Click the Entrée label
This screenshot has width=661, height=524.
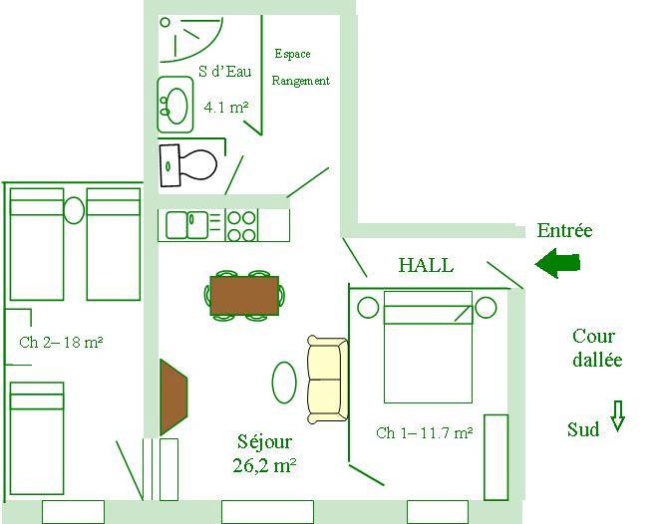click(564, 230)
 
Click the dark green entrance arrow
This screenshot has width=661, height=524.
click(557, 263)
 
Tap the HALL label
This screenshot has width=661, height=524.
click(426, 265)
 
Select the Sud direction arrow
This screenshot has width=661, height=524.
click(617, 415)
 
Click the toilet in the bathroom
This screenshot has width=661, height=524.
click(188, 164)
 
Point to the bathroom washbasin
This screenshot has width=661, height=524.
click(175, 105)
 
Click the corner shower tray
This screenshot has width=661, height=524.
click(190, 39)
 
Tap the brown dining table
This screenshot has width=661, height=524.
click(244, 296)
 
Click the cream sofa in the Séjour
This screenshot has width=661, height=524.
click(328, 380)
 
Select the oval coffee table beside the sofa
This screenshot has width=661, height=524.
click(284, 383)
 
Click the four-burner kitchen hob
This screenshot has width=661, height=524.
click(242, 226)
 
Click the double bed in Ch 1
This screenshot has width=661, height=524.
click(428, 347)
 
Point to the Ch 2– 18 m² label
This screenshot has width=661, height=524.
click(61, 342)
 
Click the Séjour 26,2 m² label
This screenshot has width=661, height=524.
click(264, 453)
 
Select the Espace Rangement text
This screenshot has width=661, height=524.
click(300, 68)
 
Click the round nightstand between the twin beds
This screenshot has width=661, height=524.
click(74, 210)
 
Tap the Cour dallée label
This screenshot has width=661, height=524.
click(597, 348)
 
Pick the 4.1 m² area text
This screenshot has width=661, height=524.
click(226, 107)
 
